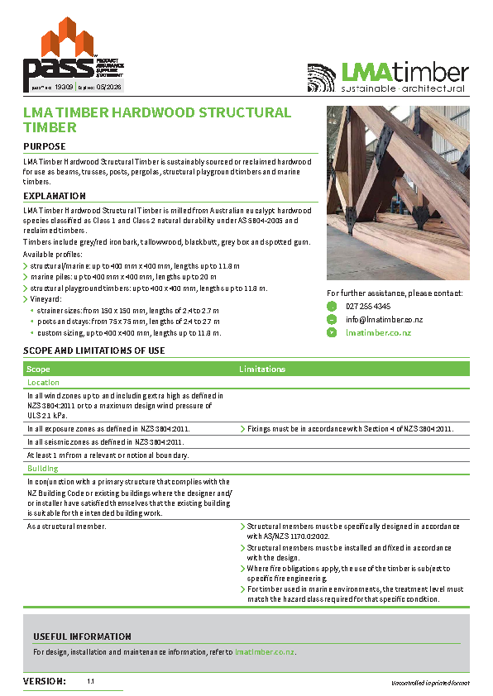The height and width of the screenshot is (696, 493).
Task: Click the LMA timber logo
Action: pos(387,77)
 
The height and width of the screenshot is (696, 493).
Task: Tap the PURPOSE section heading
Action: pos(44,146)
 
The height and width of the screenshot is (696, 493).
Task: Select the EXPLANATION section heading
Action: pos(55,196)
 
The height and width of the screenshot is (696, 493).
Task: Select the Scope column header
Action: pos(38,369)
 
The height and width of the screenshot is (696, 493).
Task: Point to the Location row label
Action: pos(43,383)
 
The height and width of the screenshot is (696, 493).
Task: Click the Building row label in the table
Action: pos(42,469)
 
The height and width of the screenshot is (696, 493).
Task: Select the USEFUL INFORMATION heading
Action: pos(82,636)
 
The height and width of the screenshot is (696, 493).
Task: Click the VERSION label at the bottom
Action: pos(45,681)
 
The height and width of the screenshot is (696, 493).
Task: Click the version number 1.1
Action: pos(91,682)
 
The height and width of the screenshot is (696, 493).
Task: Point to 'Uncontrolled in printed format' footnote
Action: pos(430,683)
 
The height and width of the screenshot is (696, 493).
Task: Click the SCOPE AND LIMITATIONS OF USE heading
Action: pos(93,350)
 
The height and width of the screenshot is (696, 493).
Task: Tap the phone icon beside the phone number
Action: pos(332,307)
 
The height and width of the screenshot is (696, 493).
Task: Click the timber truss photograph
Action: pos(398,192)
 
